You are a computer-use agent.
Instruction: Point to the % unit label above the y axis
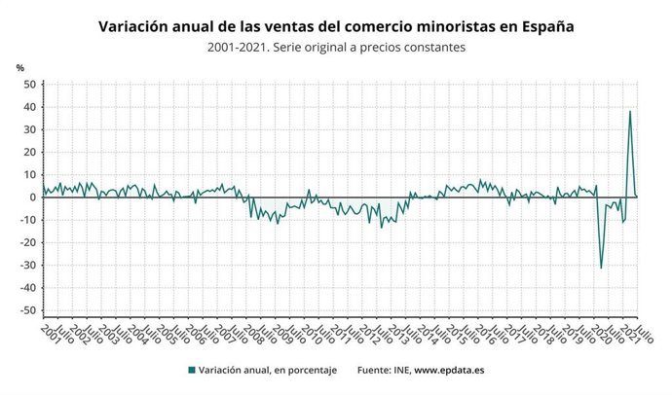tap(20, 67)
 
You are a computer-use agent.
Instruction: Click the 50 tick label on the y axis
tap(29, 84)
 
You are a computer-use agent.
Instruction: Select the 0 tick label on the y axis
tap(32, 197)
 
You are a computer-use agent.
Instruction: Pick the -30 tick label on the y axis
tap(28, 266)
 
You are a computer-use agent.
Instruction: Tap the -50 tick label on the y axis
tap(28, 311)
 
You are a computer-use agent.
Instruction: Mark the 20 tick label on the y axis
tap(29, 152)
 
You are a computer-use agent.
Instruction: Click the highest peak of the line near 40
tap(629, 111)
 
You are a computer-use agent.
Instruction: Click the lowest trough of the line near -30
tap(601, 268)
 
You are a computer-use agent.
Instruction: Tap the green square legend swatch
tap(191, 370)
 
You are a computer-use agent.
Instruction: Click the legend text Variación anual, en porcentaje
tap(265, 370)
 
